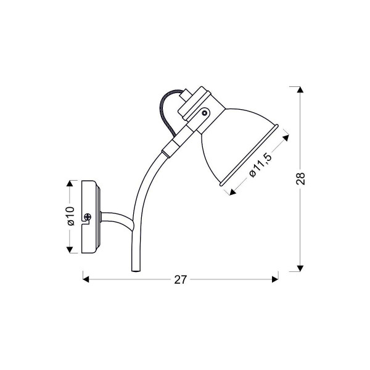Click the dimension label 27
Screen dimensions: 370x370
click(x=180, y=279)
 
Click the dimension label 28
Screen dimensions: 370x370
click(x=301, y=179)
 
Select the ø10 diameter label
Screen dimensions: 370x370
click(x=71, y=216)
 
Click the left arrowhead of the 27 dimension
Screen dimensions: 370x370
click(x=86, y=279)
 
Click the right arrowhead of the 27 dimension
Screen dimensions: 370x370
click(x=275, y=279)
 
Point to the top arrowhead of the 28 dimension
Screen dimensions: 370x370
click(x=300, y=89)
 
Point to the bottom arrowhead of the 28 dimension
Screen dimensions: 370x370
click(x=300, y=268)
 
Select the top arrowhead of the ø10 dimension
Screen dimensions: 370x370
click(x=69, y=184)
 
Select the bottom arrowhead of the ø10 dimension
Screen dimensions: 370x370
click(x=69, y=250)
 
